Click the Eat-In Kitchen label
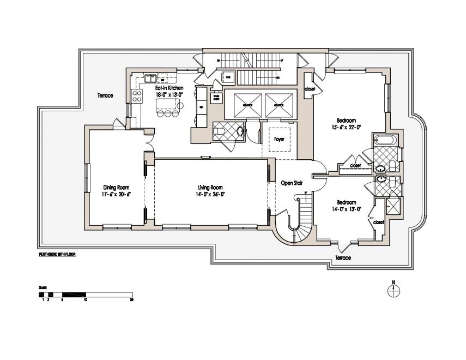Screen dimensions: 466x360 [168, 87]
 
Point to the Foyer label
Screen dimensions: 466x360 [280, 139]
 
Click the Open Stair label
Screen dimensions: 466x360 [291, 183]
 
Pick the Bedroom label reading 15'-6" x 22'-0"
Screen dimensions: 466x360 [346, 121]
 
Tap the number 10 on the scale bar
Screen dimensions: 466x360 [85, 299]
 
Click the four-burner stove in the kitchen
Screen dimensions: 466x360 [137, 97]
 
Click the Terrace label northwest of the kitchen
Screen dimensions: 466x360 [105, 95]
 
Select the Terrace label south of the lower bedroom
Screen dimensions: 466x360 [343, 257]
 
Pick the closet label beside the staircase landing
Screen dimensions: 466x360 [310, 88]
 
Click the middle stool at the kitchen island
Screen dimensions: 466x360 [167, 114]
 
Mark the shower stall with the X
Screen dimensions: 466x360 [391, 207]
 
